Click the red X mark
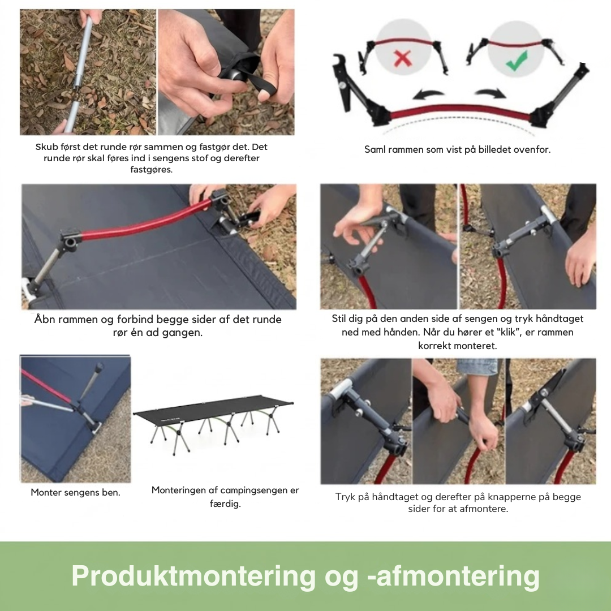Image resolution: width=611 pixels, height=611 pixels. point(403,59)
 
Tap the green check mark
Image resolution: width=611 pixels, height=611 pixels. point(517,61)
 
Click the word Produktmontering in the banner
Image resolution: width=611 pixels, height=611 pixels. point(193,575)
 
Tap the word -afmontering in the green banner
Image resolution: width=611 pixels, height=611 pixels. point(454,575)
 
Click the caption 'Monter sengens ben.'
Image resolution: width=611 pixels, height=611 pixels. point(76,493)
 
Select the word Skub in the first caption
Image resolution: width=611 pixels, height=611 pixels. point(46,147)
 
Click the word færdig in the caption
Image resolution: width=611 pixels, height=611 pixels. point(225,504)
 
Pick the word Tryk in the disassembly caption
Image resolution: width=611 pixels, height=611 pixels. point(345,497)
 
